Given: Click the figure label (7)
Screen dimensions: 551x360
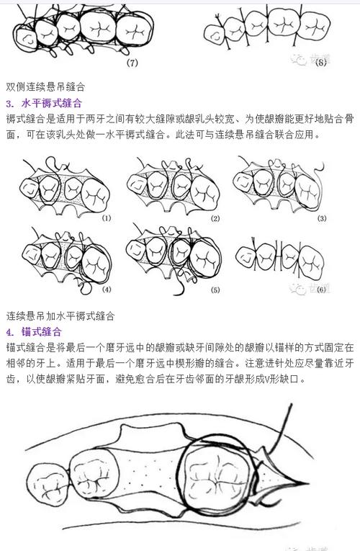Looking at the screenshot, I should coord(132,63).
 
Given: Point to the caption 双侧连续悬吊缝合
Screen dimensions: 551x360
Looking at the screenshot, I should coord(46,86).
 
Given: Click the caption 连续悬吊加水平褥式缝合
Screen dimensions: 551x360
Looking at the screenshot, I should coord(61,315).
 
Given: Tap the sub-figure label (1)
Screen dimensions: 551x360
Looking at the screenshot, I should coord(107,217).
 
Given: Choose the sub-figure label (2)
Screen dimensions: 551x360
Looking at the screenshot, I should coord(214,218).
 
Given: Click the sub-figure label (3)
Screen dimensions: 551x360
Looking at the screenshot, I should coord(321,218).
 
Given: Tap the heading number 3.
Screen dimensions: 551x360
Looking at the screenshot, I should coord(9,102).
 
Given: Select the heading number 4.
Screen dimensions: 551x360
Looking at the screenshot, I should coord(9,332).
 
